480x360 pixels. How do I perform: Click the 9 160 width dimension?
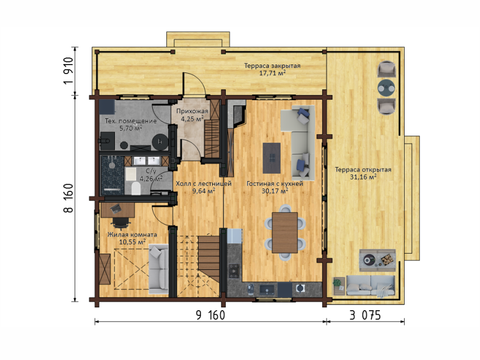coord(211,315)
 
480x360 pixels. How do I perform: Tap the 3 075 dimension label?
coord(365,315)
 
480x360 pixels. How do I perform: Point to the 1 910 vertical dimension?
coord(68,71)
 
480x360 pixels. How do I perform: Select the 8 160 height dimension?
coord(68,198)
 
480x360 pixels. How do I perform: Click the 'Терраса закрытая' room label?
coord(272,66)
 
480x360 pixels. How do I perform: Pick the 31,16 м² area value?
coord(363,177)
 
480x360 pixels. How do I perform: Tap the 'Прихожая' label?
coord(192,111)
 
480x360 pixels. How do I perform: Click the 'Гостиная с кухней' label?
coord(275,183)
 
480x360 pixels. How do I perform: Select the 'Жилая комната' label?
coord(132,234)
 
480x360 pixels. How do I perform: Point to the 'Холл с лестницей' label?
coord(204,183)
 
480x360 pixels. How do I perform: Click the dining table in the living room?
coord(285,233)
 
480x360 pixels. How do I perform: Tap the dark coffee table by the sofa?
coord(272,158)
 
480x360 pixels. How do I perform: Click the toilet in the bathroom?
coord(136,188)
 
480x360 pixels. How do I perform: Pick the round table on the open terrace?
coord(386,88)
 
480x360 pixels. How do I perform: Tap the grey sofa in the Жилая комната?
coord(158,269)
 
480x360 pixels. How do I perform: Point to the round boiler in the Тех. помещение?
coord(160,142)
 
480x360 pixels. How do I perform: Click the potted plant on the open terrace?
coord(337,282)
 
